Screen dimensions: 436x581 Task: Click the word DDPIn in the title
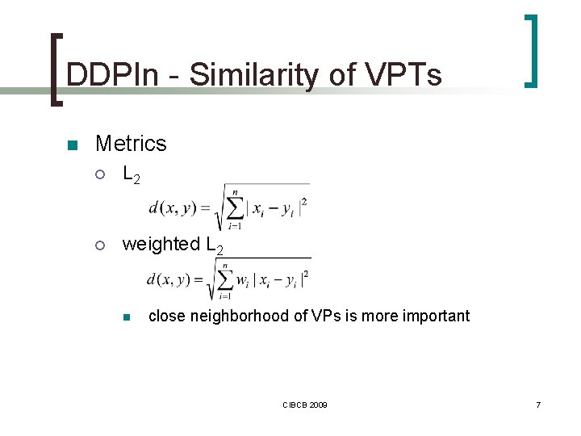pyautogui.click(x=113, y=75)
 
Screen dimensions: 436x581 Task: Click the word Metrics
pyautogui.click(x=131, y=144)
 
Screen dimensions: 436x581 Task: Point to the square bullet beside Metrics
pyautogui.click(x=71, y=145)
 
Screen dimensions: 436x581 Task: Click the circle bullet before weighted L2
pyautogui.click(x=100, y=245)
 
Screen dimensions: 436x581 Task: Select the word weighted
pyautogui.click(x=161, y=244)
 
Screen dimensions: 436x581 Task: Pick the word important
pyautogui.click(x=434, y=316)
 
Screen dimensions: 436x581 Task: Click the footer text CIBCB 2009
pyautogui.click(x=305, y=404)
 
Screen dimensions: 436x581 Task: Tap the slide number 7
pyautogui.click(x=538, y=404)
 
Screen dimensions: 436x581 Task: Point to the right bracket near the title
pyautogui.click(x=532, y=50)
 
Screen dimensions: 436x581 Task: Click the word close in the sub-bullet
pyautogui.click(x=166, y=316)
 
